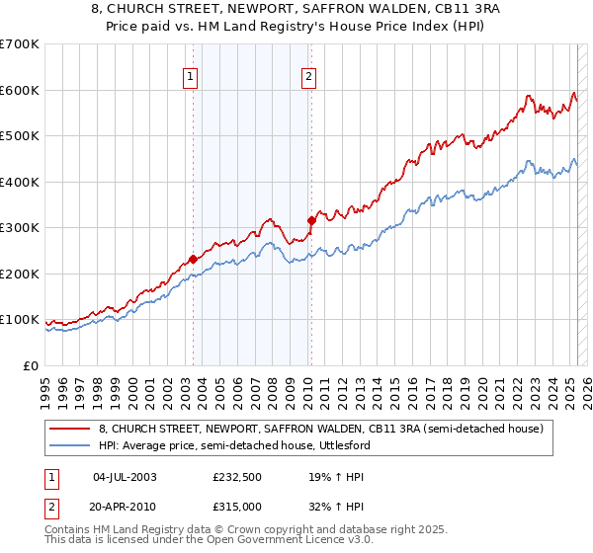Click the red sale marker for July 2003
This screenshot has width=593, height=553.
click(194, 260)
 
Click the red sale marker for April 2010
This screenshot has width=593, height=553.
click(311, 221)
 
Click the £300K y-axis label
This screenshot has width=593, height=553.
click(20, 228)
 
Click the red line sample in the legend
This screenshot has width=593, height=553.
click(69, 430)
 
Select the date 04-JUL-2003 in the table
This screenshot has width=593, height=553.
click(125, 477)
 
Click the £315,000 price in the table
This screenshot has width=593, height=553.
click(237, 506)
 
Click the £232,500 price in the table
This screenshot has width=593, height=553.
click(237, 477)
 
